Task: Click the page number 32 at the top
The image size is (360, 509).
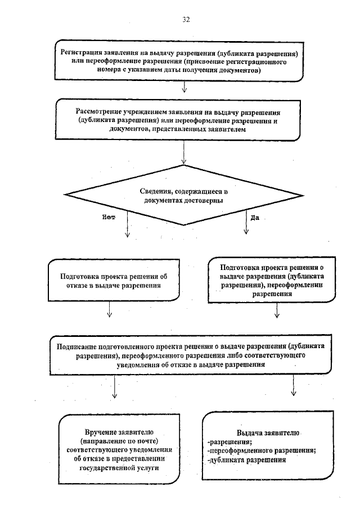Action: pyautogui.click(x=186, y=20)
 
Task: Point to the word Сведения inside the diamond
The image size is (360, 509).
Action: pyautogui.click(x=155, y=192)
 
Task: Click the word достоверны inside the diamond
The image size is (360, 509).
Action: pyautogui.click(x=204, y=200)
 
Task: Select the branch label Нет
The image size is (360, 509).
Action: pyautogui.click(x=109, y=217)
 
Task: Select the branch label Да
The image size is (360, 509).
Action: pyautogui.click(x=254, y=217)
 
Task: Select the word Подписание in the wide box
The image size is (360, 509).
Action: pyautogui.click(x=76, y=346)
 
